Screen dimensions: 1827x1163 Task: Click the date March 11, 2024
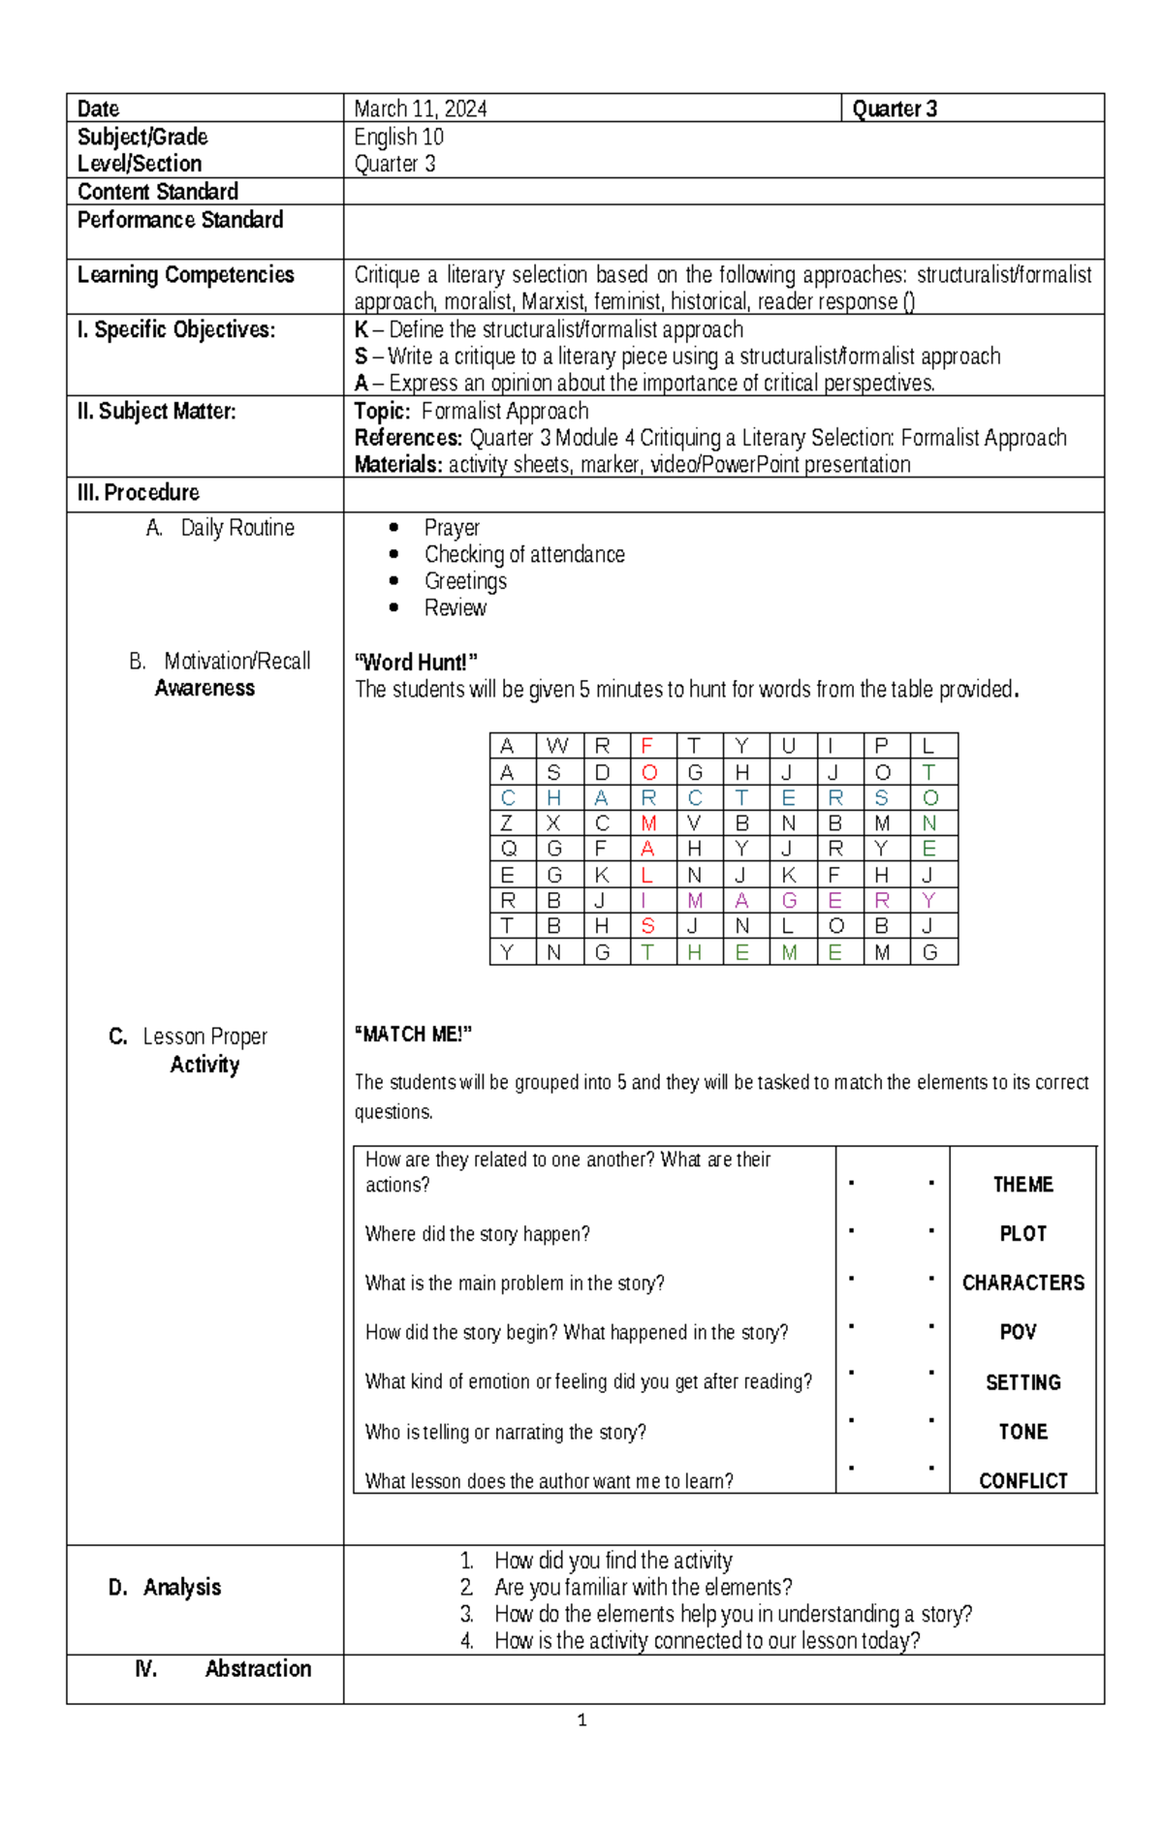click(x=420, y=108)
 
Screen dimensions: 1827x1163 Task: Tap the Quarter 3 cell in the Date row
click(x=894, y=108)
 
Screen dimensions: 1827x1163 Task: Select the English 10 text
click(x=398, y=137)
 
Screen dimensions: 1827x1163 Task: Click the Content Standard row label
click(x=158, y=192)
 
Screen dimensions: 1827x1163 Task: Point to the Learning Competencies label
click(x=185, y=275)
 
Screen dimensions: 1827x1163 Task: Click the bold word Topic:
click(x=382, y=411)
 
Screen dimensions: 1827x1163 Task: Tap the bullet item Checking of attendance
click(x=524, y=554)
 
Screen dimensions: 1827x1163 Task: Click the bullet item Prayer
click(x=452, y=528)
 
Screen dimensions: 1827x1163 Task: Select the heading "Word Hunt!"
click(x=417, y=663)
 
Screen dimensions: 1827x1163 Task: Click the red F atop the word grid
click(x=647, y=746)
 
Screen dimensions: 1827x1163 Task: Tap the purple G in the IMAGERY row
click(x=789, y=901)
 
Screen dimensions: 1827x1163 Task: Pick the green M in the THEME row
click(x=789, y=953)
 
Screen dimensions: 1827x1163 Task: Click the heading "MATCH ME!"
click(x=414, y=1035)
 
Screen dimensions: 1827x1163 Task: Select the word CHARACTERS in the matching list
click(x=1022, y=1283)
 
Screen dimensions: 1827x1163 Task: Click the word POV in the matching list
click(x=1018, y=1332)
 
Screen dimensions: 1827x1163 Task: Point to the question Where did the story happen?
click(x=477, y=1234)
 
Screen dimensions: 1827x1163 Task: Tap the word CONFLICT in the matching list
click(x=1022, y=1481)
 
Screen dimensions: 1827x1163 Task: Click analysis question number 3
click(x=732, y=1614)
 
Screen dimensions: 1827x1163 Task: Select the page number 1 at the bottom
click(x=581, y=1720)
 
